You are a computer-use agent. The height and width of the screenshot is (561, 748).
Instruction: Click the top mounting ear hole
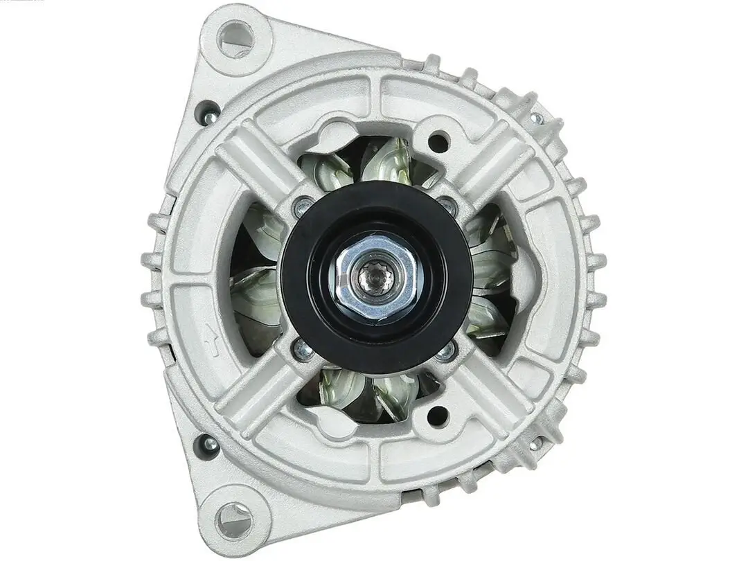[236, 39]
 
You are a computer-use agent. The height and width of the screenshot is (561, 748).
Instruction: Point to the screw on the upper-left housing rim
[208, 114]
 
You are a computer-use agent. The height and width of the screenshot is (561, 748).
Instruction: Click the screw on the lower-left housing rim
[206, 443]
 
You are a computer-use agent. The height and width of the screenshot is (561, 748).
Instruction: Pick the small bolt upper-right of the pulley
[447, 206]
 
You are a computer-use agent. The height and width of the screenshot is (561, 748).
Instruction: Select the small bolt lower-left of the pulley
[303, 350]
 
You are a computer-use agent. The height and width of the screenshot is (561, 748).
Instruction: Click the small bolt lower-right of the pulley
[446, 351]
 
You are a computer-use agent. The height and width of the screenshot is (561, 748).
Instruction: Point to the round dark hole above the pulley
[438, 143]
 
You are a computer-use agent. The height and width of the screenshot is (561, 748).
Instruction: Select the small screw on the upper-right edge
[535, 118]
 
